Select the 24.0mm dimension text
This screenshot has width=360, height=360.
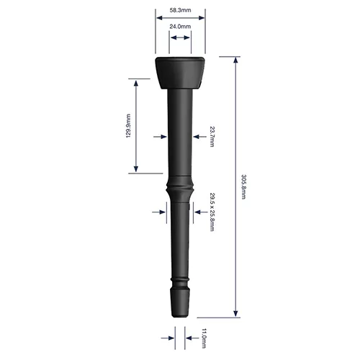pos(180,27)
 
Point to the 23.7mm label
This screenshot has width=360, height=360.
pos(212,135)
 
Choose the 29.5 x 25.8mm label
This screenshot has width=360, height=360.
pos(212,212)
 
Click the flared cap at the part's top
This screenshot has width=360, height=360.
pos(180,72)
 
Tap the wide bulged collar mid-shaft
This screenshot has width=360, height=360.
pos(180,192)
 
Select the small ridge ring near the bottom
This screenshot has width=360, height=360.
pos(180,279)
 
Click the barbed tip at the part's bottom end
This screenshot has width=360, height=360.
pos(180,302)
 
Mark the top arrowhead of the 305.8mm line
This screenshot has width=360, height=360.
pos(235,60)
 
